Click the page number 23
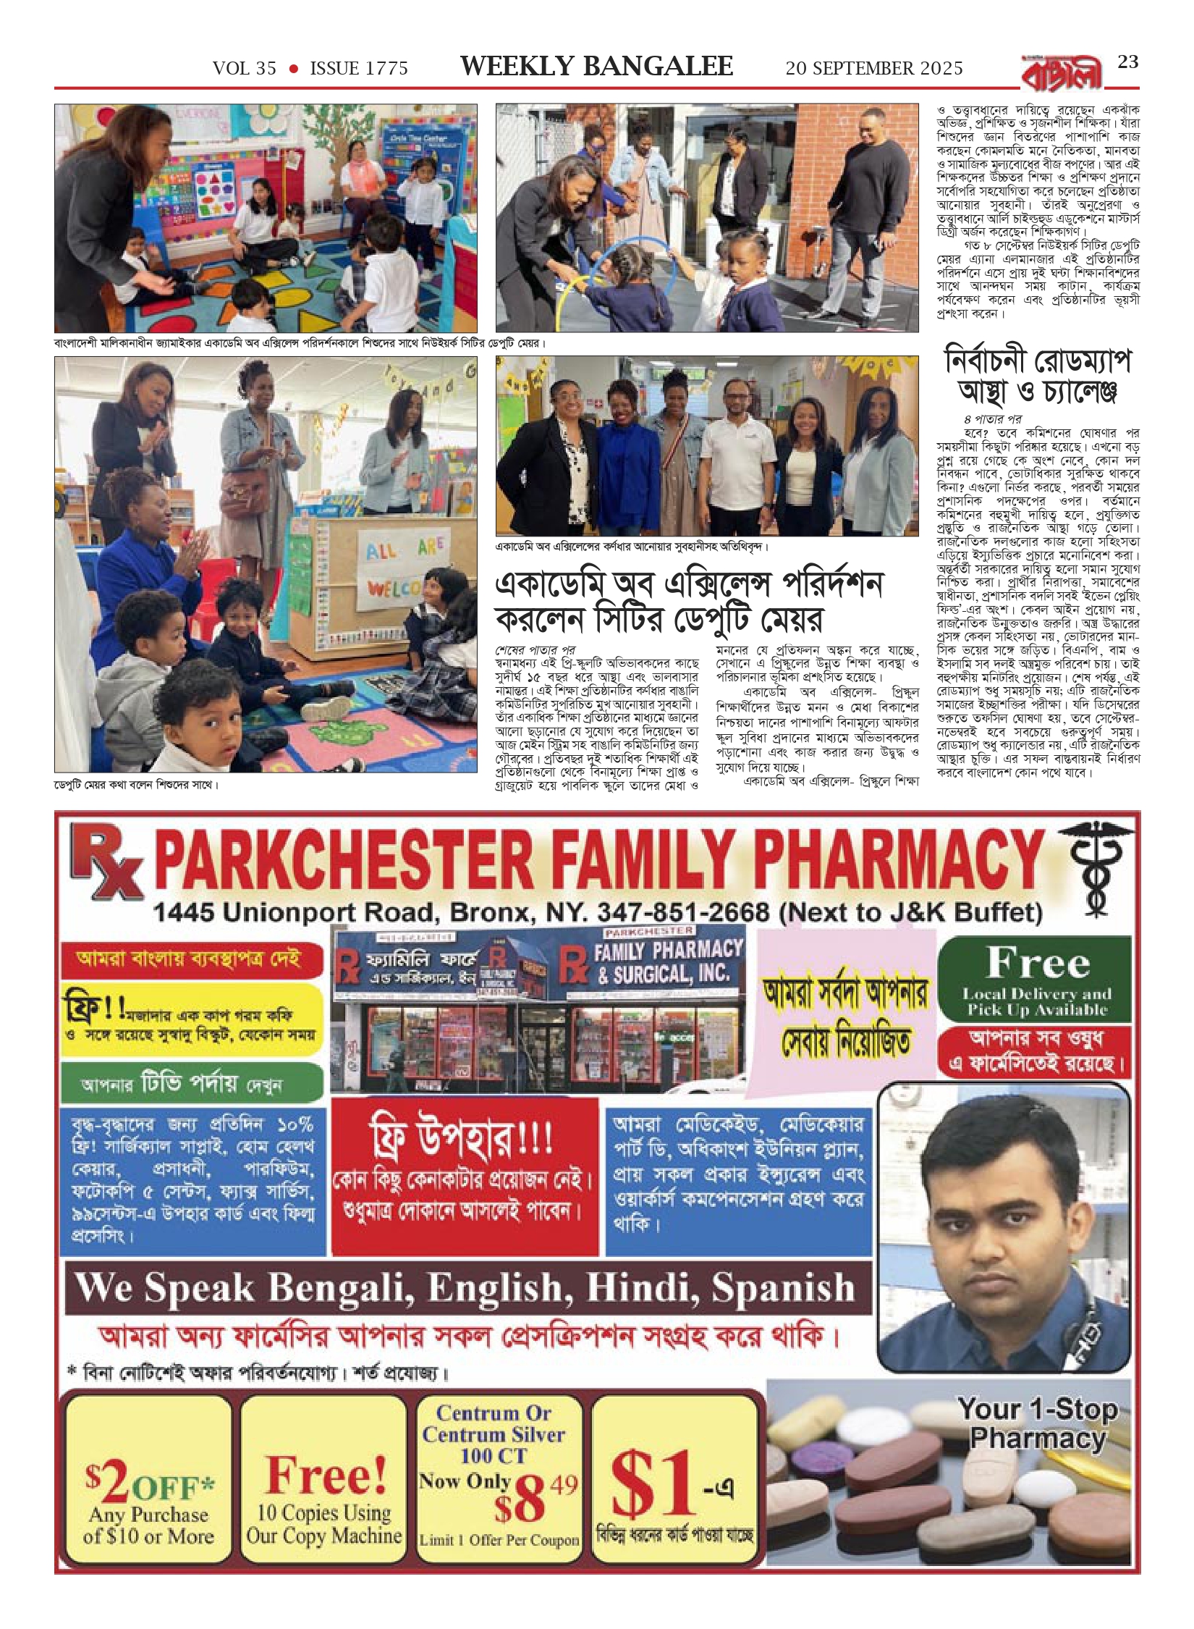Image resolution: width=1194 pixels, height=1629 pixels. [x=1127, y=62]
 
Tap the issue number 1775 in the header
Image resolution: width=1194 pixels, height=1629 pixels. [x=384, y=69]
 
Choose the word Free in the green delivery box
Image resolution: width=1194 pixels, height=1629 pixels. [x=1038, y=962]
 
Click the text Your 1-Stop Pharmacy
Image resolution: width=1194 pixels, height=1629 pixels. [x=1037, y=1423]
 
